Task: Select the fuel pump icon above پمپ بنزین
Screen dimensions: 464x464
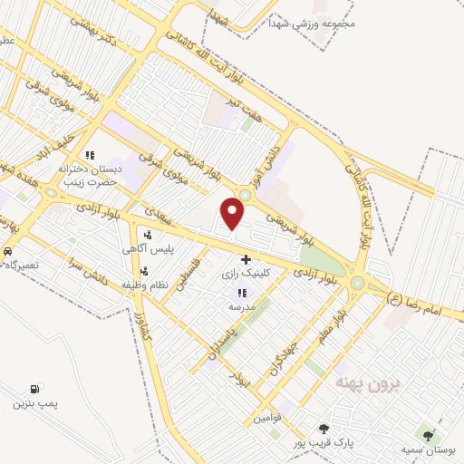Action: [34, 388]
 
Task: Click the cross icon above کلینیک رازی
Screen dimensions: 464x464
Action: [246, 259]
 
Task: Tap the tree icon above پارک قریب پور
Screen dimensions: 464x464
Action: [323, 428]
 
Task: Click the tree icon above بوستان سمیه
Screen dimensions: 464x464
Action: [428, 436]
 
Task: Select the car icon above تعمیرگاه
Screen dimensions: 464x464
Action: [7, 250]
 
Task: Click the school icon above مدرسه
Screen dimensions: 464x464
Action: [241, 293]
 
